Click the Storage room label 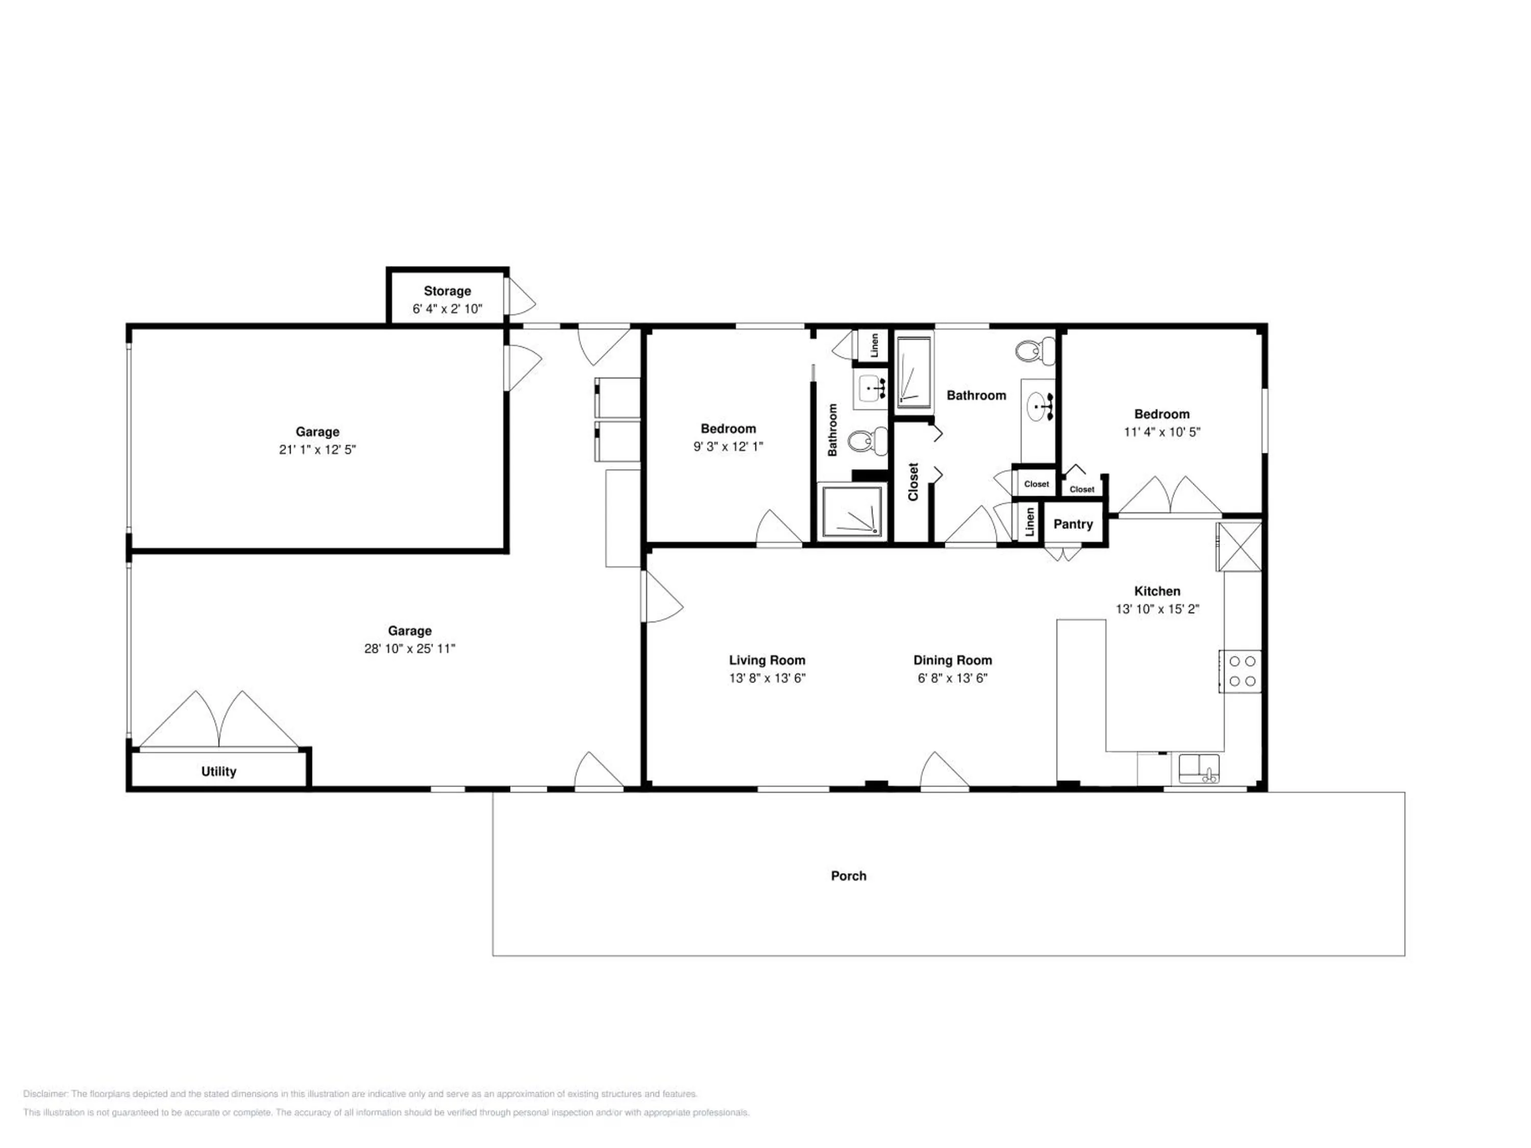[447, 291]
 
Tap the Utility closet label [219, 771]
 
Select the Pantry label [1073, 525]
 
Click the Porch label [849, 876]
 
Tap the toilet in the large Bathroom [1036, 351]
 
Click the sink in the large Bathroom [1038, 406]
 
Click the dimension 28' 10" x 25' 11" [410, 649]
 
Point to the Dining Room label [952, 661]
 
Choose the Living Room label [767, 661]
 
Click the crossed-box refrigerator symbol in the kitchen [1239, 546]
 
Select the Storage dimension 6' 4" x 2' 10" [447, 309]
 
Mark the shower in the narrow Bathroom [852, 511]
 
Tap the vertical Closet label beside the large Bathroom [913, 482]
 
